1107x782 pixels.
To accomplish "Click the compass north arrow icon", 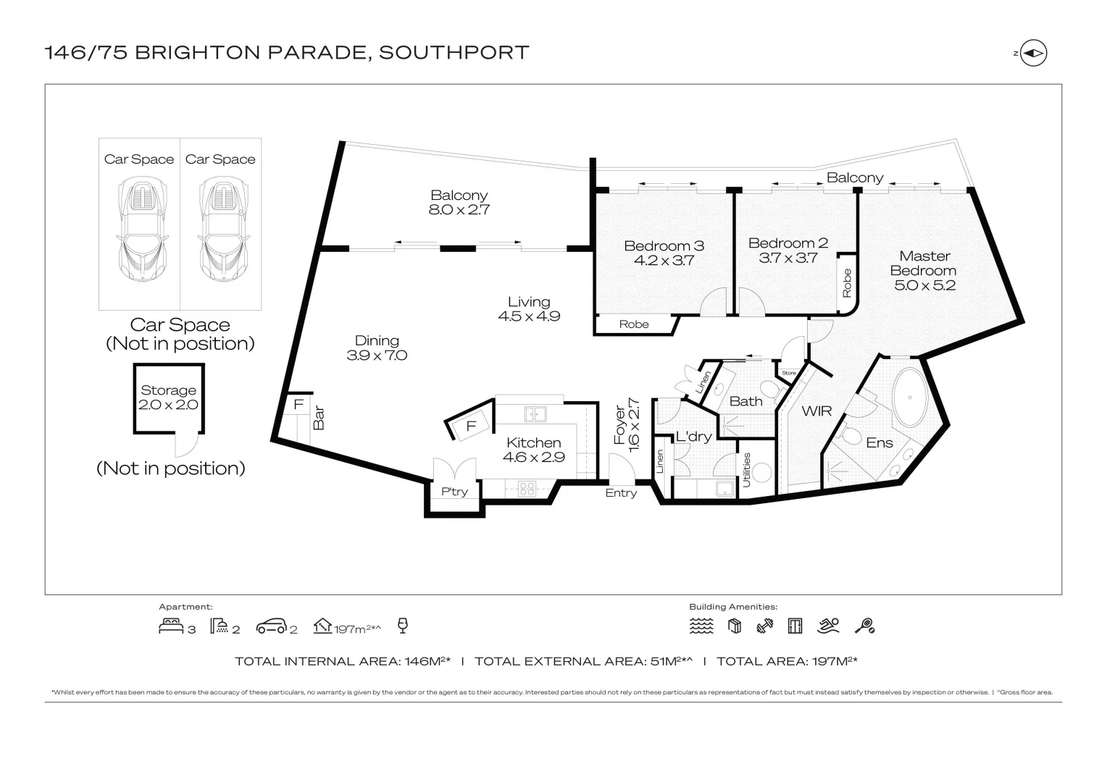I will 1034,53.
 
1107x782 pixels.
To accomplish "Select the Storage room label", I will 168,390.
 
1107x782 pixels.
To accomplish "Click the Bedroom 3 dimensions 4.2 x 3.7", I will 664,261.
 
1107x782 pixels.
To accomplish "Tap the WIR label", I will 816,411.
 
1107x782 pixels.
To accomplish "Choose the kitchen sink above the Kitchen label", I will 535,414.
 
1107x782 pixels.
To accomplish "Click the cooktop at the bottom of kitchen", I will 527,488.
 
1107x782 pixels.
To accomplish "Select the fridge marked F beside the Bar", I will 298,405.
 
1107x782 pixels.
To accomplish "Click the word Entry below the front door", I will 621,493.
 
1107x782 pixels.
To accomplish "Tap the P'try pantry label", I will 454,492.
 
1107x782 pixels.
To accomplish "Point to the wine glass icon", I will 404,626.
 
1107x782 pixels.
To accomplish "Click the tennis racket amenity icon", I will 864,626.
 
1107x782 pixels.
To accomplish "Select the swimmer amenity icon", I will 828,626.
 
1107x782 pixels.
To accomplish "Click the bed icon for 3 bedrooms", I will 171,626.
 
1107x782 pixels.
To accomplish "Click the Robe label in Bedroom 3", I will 634,324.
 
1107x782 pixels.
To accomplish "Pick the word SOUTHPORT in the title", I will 454,53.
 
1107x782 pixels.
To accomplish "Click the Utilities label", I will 747,469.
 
